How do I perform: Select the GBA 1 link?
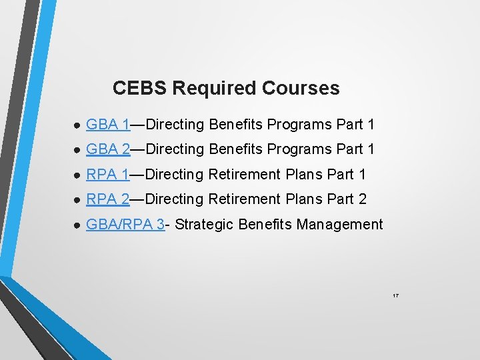click(x=108, y=124)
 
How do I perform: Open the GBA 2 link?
click(x=108, y=149)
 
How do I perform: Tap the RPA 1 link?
click(x=108, y=175)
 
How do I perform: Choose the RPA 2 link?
click(x=108, y=199)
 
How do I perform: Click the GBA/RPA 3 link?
click(x=125, y=225)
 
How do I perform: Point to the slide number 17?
click(x=395, y=295)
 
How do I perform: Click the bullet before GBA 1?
click(x=77, y=125)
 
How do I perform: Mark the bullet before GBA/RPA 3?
click(x=77, y=225)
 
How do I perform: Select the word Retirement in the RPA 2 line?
click(x=246, y=199)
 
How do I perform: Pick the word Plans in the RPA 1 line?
click(x=304, y=175)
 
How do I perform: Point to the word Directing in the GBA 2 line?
click(x=174, y=149)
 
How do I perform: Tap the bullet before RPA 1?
click(x=77, y=175)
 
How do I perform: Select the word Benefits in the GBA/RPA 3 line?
click(x=265, y=225)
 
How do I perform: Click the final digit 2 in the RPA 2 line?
click(x=363, y=199)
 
